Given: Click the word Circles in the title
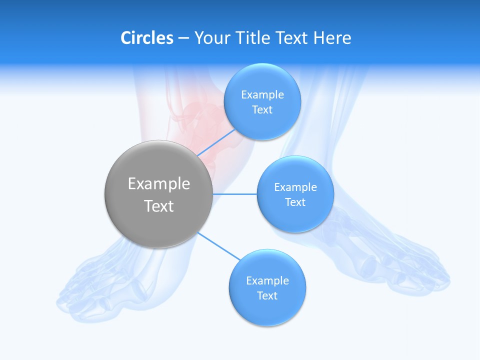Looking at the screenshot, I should coord(146,38).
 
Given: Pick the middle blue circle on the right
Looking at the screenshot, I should coord(295,217).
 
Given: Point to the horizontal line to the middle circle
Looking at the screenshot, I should coord(234,194).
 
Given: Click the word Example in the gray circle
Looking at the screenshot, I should coord(158,184).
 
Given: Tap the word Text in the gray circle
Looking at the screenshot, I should coord(158,206).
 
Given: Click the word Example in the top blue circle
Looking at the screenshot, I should coord(262,95).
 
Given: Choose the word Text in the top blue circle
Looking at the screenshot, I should coord(262,110).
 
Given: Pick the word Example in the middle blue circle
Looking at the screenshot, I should coord(295,187).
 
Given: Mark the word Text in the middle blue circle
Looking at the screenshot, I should coord(295,202).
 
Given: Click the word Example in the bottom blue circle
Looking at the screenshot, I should coord(267,281).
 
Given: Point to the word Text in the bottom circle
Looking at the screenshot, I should coord(267,296).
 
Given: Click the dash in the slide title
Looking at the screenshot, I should coord(183,38).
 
